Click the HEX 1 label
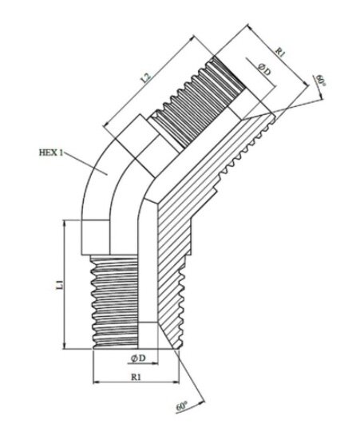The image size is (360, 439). (x=51, y=152)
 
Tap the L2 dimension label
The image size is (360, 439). (x=146, y=78)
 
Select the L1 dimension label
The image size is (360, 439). (x=59, y=285)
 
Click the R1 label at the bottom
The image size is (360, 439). (x=136, y=377)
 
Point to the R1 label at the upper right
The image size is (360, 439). (x=280, y=52)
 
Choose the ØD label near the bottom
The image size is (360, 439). (x=138, y=358)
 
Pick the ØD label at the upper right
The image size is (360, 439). (x=264, y=69)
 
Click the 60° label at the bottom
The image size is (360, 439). (x=181, y=406)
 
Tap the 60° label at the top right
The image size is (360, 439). (x=321, y=81)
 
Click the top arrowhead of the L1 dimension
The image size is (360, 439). (x=65, y=223)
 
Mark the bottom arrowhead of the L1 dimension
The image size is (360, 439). (x=65, y=346)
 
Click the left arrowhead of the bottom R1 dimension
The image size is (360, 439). (x=96, y=382)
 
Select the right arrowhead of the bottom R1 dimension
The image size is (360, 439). (x=176, y=382)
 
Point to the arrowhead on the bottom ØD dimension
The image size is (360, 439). (x=155, y=364)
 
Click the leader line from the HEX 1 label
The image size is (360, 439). (x=85, y=164)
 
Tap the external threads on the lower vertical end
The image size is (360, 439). (x=115, y=302)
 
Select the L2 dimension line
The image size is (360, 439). (x=149, y=81)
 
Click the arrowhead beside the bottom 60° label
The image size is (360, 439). (x=202, y=402)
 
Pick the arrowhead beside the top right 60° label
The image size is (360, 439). (x=320, y=96)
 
